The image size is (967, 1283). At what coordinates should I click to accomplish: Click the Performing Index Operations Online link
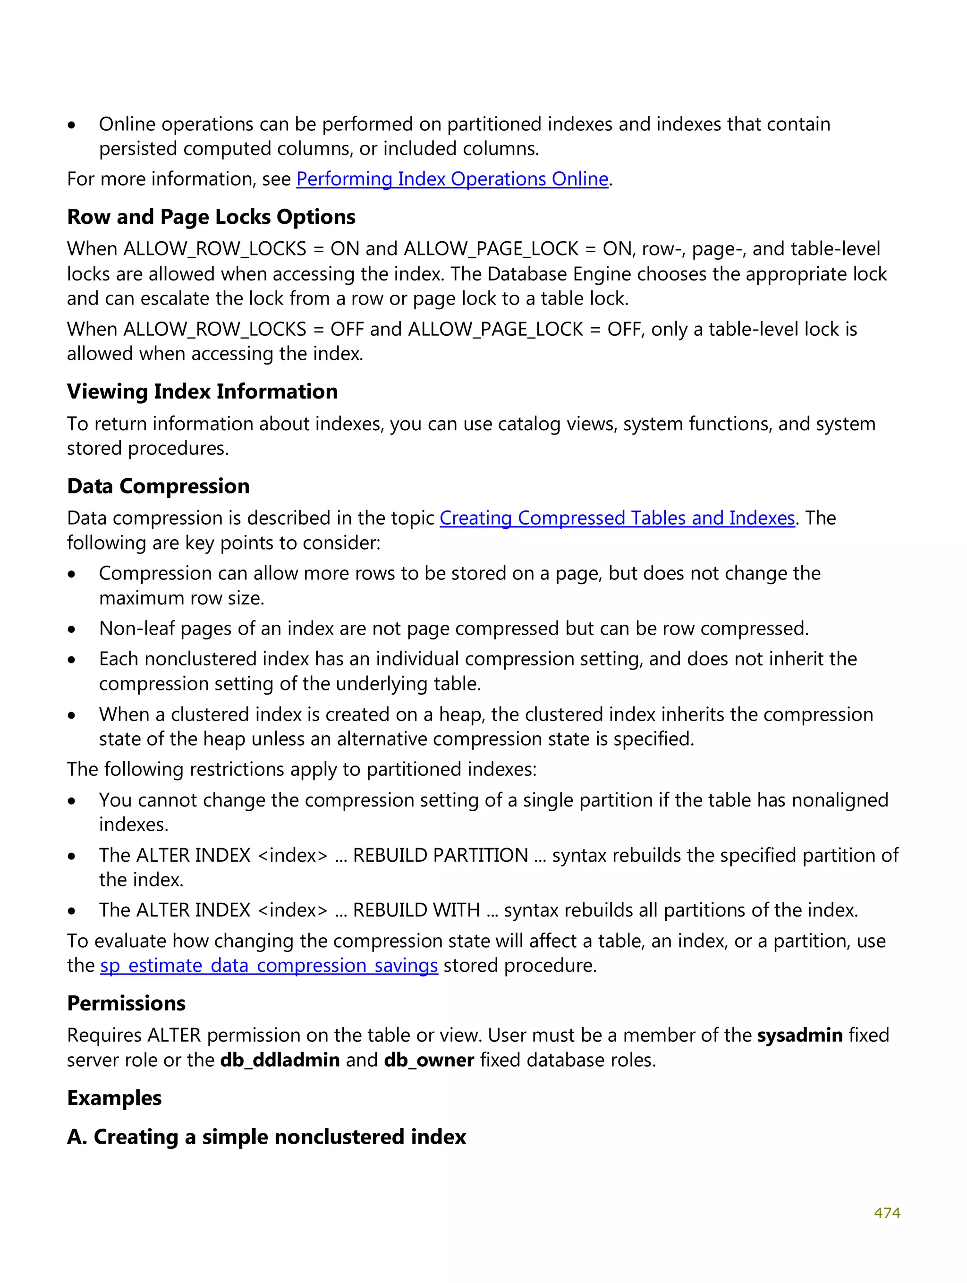click(x=452, y=179)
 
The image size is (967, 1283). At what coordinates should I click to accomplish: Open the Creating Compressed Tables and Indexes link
click(x=617, y=518)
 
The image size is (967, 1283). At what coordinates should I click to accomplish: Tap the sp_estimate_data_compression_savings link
click(x=269, y=965)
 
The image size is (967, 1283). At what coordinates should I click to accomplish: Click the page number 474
click(x=886, y=1212)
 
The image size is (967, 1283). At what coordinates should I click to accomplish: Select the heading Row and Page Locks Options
click(x=211, y=217)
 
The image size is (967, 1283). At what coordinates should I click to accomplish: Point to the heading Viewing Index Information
click(x=202, y=391)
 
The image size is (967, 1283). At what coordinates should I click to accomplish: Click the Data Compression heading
click(x=158, y=486)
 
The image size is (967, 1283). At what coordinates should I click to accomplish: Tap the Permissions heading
click(x=126, y=1003)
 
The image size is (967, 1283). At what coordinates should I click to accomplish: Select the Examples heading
click(x=114, y=1097)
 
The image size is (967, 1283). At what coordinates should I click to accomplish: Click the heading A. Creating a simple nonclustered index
click(x=266, y=1136)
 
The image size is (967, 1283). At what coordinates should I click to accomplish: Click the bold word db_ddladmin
click(x=280, y=1060)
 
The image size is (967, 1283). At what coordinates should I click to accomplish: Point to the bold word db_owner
click(x=429, y=1060)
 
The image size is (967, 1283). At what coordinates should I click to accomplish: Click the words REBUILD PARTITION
click(x=440, y=855)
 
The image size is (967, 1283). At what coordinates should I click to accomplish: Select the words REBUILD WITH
click(x=416, y=910)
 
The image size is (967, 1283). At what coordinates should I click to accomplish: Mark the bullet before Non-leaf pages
click(x=71, y=629)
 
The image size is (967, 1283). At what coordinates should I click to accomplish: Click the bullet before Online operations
click(x=71, y=125)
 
